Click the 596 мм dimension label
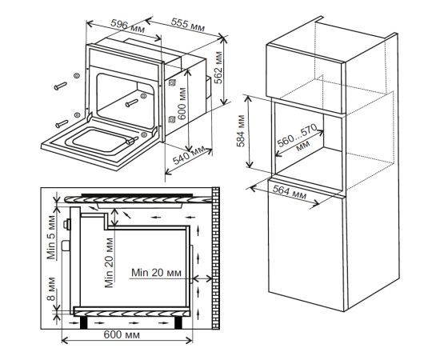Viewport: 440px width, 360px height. [127, 26]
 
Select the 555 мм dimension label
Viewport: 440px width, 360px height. [188, 25]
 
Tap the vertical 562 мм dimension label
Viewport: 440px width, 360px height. [218, 68]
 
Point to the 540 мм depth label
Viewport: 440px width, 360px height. [189, 156]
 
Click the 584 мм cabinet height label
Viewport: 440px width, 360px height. [241, 130]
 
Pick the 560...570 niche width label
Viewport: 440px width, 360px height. [298, 136]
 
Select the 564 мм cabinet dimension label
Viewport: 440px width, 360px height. [290, 193]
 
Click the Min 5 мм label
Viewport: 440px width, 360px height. [52, 237]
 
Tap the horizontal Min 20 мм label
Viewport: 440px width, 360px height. [156, 273]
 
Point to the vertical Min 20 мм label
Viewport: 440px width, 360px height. [109, 263]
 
